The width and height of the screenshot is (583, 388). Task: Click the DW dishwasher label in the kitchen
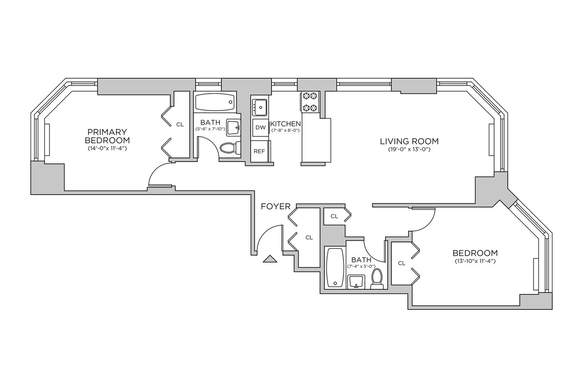click(x=261, y=127)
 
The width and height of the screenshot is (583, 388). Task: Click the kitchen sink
click(x=260, y=107)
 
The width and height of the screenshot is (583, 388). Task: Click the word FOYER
click(x=276, y=207)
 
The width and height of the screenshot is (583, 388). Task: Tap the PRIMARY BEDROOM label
click(x=107, y=136)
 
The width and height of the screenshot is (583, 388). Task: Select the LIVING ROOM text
click(x=409, y=141)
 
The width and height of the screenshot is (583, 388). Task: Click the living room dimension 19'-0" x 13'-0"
click(x=409, y=150)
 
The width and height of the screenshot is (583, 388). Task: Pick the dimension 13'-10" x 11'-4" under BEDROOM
click(x=475, y=261)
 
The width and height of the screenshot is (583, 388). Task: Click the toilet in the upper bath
click(x=231, y=148)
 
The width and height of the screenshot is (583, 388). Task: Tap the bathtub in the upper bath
click(x=215, y=102)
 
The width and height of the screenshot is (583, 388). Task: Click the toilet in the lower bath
click(x=377, y=279)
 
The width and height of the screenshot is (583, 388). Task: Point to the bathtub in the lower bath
click(x=335, y=267)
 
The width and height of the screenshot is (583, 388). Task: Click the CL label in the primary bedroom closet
click(x=180, y=125)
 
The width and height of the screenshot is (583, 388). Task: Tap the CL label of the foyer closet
click(x=309, y=237)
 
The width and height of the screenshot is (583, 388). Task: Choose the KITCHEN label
click(x=286, y=124)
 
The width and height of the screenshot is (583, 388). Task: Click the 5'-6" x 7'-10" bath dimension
click(x=210, y=129)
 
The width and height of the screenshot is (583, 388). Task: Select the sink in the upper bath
click(x=234, y=127)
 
